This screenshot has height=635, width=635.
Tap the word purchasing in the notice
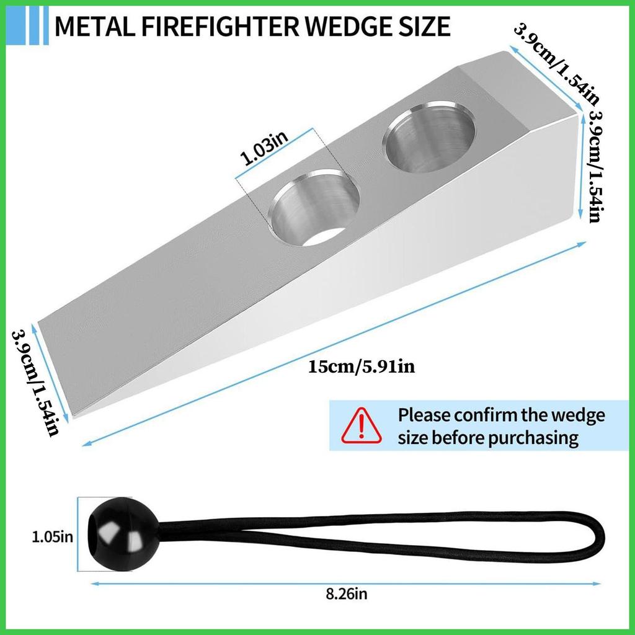[534, 438]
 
